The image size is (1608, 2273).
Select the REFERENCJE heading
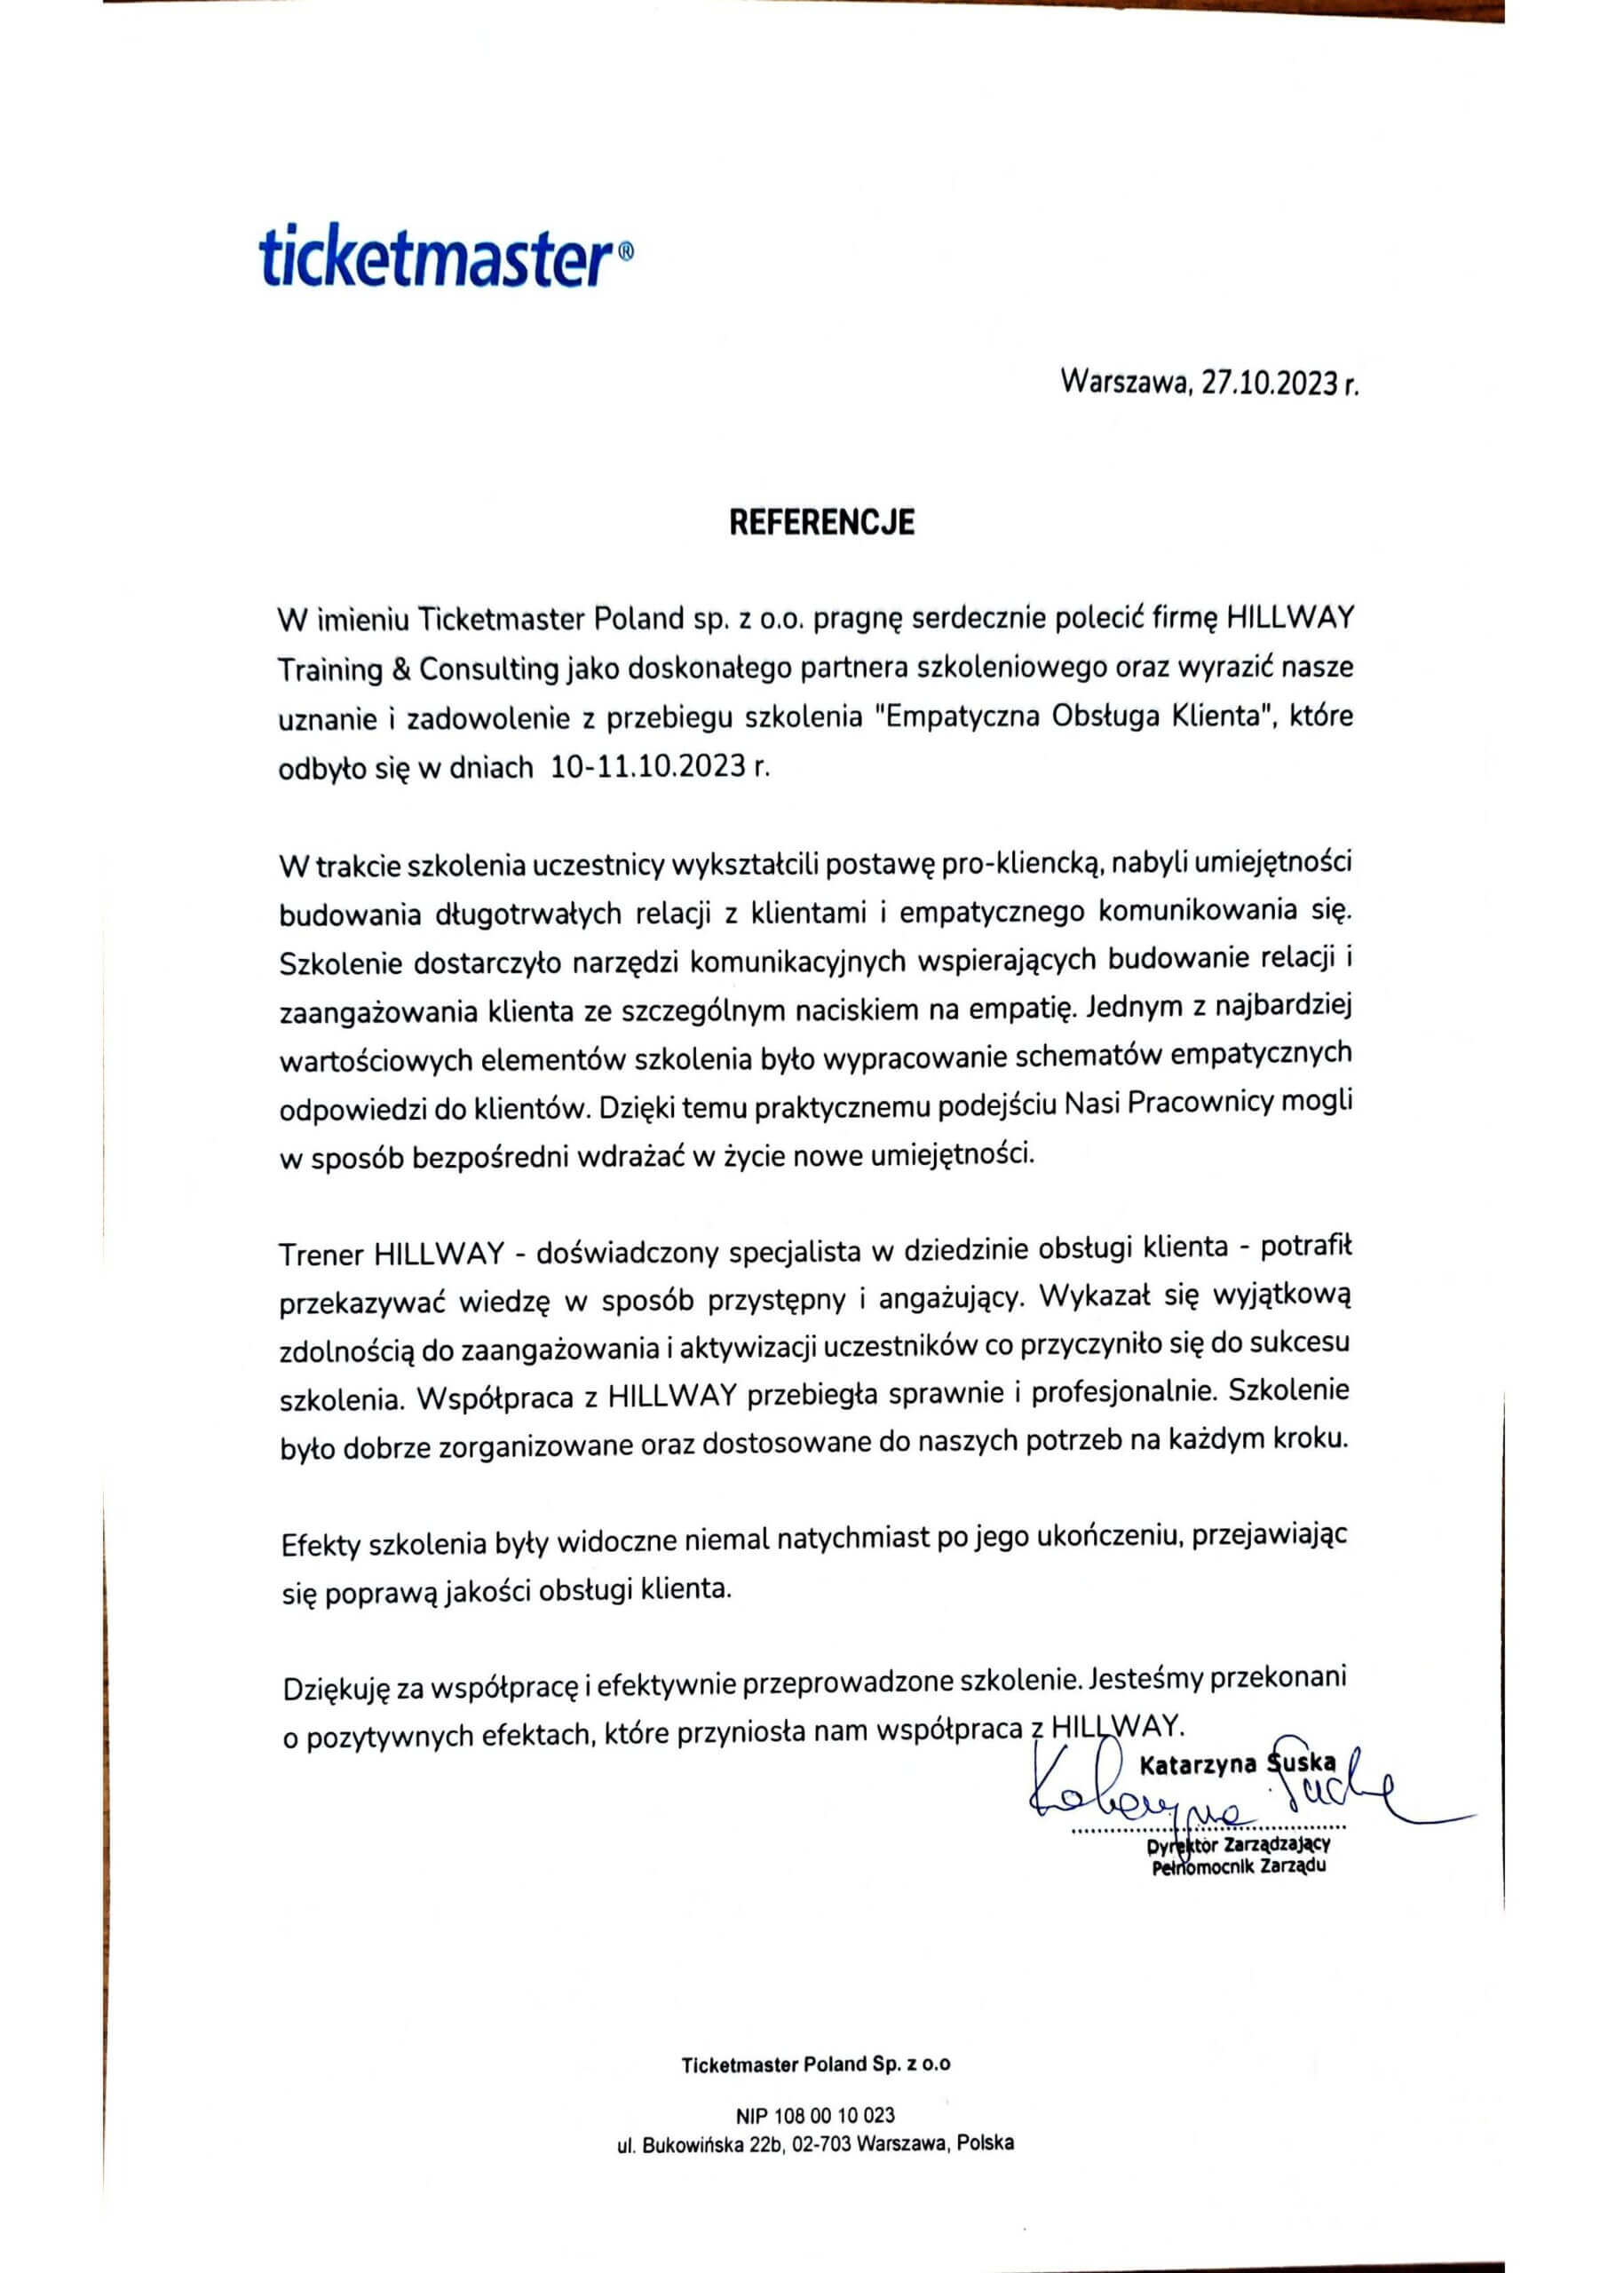(822, 522)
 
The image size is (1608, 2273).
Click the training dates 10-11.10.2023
(646, 767)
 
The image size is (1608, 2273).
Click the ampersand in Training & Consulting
(401, 669)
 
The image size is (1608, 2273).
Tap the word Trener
(321, 1255)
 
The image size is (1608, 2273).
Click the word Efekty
(321, 1544)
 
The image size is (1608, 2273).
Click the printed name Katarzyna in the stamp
(1197, 1763)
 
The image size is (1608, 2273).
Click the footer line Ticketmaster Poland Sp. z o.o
(816, 2064)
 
